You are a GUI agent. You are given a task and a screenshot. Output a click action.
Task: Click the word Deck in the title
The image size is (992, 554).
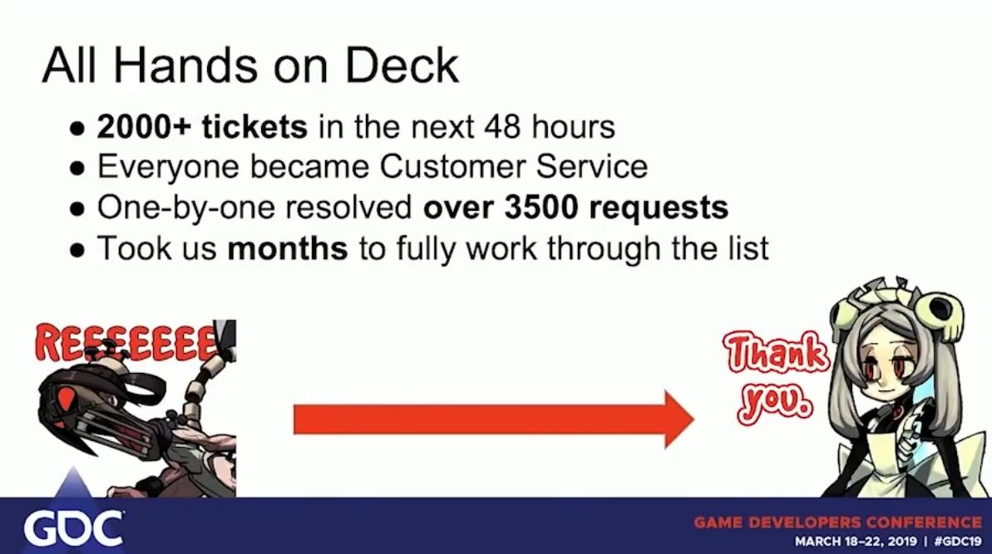402,66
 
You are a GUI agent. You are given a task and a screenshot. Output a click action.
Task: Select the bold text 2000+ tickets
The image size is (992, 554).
202,126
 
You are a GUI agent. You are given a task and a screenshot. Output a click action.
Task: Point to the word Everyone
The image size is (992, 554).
168,168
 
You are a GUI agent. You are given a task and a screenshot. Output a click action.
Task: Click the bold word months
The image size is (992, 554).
287,248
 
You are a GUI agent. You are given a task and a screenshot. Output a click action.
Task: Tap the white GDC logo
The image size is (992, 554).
73,528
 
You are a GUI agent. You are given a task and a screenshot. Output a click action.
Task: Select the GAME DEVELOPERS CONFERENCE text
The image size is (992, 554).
837,522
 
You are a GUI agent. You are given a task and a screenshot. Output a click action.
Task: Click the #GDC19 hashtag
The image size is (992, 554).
958,542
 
